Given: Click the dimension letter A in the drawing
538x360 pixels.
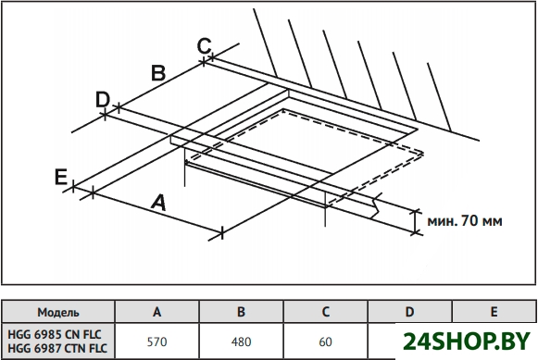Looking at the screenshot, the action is click(158, 203).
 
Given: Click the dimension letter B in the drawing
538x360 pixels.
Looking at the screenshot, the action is click(158, 73).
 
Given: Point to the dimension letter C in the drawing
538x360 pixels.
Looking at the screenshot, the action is click(204, 46).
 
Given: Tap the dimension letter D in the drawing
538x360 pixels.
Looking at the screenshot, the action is click(103, 99).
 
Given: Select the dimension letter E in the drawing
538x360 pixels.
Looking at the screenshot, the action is click(61, 178).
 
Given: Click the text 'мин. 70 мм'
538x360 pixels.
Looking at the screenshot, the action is click(465, 221).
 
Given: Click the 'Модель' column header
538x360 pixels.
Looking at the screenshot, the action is click(58, 313).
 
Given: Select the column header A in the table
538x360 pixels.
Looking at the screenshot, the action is click(157, 312).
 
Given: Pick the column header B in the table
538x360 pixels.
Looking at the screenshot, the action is click(241, 312).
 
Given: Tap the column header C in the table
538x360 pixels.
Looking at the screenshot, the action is click(326, 312).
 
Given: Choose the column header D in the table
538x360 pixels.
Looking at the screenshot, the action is click(409, 312).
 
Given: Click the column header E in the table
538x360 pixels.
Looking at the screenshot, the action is click(494, 312).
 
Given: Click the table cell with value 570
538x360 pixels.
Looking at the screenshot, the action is click(157, 341).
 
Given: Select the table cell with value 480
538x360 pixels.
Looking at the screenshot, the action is click(241, 341).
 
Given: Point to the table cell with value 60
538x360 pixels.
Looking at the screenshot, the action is click(326, 341).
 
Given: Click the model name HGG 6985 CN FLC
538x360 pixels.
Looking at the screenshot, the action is click(55, 334).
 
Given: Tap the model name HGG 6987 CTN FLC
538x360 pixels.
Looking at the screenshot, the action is click(57, 348).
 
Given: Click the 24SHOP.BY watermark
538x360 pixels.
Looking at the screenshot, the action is click(467, 341).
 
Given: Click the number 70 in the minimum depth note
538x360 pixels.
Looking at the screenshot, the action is click(469, 220).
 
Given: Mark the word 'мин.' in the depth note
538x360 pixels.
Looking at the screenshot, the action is click(443, 221).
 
